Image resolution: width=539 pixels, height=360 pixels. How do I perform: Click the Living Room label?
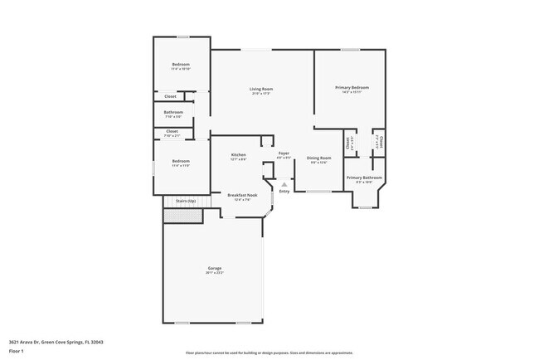(262, 89)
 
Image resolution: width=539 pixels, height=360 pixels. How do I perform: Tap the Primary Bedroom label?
(352, 87)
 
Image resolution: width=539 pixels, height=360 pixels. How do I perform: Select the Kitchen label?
(239, 155)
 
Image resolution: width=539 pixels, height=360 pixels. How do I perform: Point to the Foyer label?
(284, 153)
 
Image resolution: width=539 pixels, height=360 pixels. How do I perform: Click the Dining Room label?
(319, 158)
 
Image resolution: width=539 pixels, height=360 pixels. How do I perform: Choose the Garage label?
(215, 267)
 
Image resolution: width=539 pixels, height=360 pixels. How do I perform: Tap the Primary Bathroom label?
(364, 178)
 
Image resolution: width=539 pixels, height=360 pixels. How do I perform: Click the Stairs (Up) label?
(185, 201)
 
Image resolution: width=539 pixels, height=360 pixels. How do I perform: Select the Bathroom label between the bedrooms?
(173, 112)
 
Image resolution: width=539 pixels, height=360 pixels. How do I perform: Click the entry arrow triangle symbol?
(284, 184)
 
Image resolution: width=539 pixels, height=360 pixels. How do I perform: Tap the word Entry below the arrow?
(284, 192)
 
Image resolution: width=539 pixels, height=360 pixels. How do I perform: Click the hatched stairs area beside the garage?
(182, 216)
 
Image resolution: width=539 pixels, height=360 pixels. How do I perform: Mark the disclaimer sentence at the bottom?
(269, 352)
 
